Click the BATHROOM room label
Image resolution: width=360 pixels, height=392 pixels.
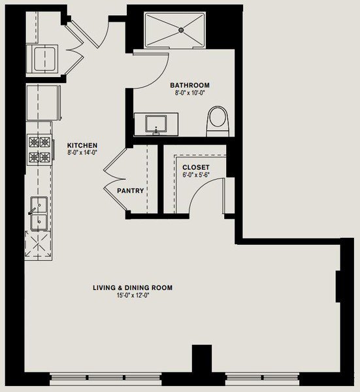(x=189, y=85)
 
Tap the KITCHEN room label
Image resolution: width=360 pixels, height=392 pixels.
(x=82, y=145)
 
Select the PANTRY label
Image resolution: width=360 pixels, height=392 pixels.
(x=131, y=191)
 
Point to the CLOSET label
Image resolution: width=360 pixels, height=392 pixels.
(x=196, y=167)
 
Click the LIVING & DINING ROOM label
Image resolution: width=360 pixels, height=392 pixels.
(x=133, y=287)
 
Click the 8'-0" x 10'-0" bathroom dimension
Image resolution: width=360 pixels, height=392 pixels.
(x=189, y=93)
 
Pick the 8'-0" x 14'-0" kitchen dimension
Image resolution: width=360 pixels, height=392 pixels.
(x=82, y=152)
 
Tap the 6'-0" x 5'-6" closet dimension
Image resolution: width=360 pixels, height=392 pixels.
(x=196, y=174)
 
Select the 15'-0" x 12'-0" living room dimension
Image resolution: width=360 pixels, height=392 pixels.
(x=133, y=295)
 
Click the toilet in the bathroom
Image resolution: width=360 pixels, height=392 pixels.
(x=218, y=122)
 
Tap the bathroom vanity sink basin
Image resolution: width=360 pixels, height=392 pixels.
(x=156, y=123)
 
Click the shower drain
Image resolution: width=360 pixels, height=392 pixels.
(x=181, y=30)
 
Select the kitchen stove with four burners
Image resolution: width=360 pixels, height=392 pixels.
(x=40, y=150)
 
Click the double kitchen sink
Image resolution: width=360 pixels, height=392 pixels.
(x=39, y=213)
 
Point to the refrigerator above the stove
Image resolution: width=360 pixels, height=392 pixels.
(x=44, y=103)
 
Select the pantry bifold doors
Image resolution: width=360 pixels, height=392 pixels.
(x=115, y=179)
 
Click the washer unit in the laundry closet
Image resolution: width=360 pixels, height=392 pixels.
(x=42, y=59)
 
